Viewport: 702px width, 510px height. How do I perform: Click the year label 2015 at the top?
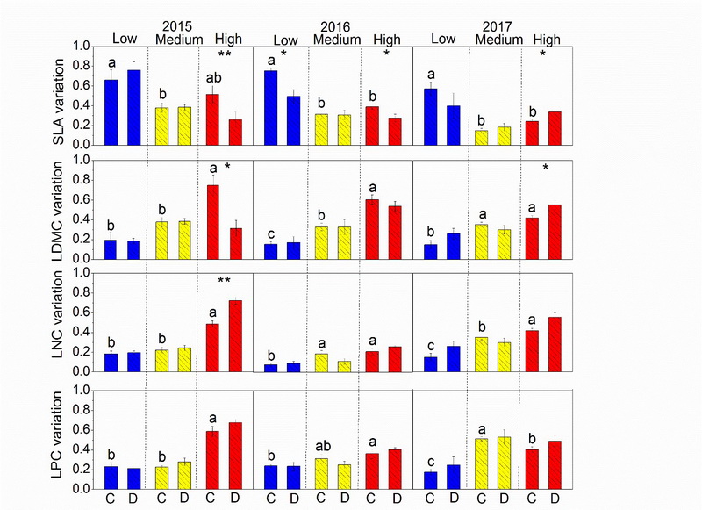(x=175, y=27)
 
